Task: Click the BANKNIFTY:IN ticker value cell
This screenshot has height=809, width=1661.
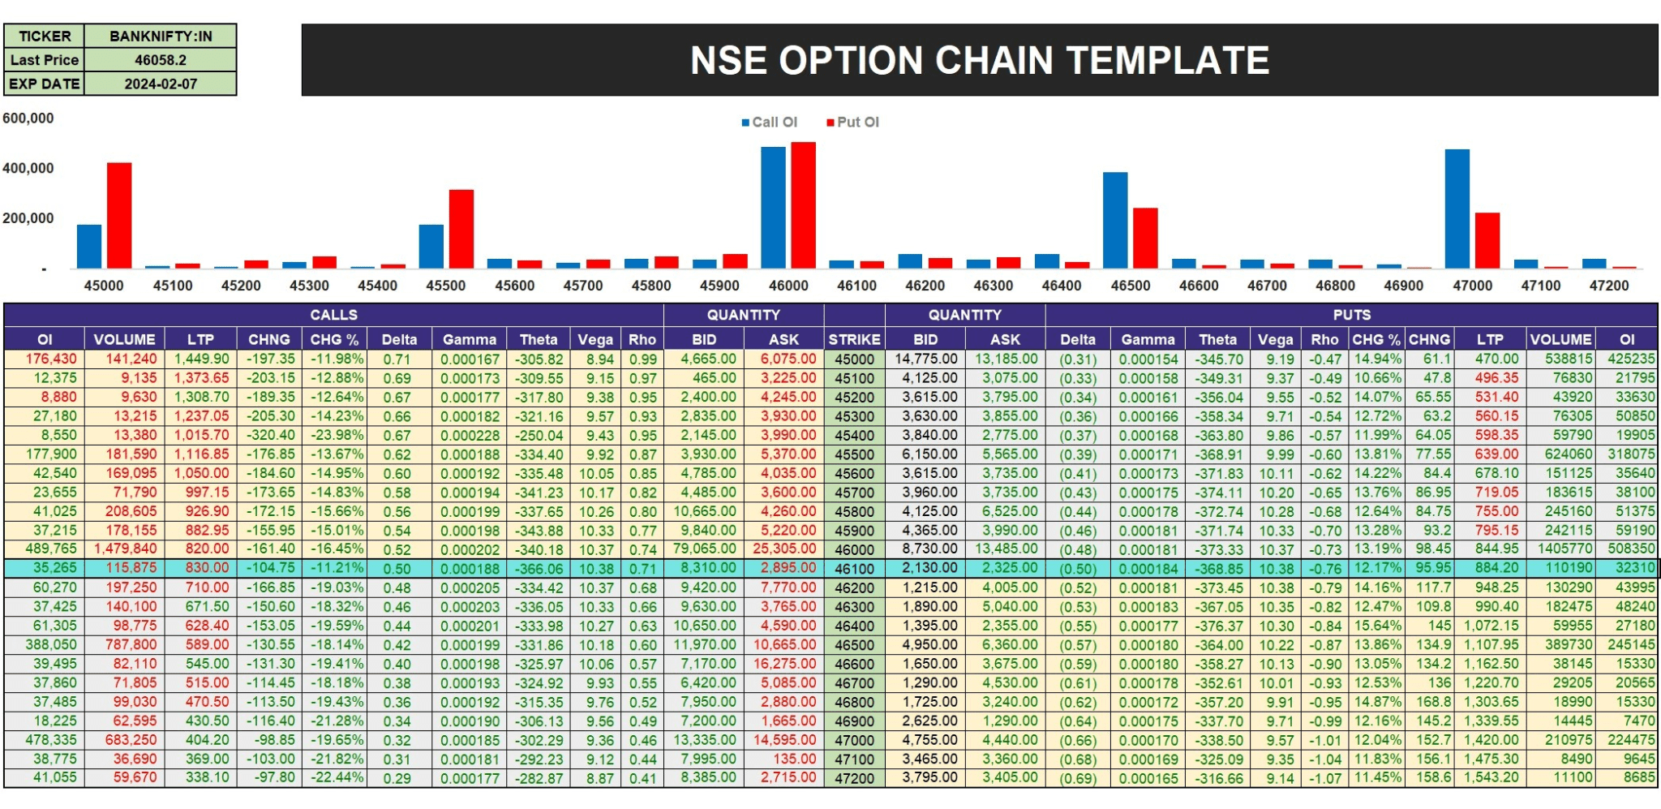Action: [x=161, y=37]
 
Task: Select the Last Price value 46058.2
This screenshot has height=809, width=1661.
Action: [x=161, y=60]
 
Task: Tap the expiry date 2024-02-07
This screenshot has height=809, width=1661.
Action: [x=161, y=84]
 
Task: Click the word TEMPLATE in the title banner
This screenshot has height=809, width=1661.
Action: [x=1167, y=61]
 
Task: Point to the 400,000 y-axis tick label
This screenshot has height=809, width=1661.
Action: [x=28, y=169]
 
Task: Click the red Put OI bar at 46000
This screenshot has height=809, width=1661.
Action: [x=803, y=205]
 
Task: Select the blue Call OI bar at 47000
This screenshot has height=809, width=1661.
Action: [x=1457, y=209]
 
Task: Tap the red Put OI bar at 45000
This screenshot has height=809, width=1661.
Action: [x=119, y=215]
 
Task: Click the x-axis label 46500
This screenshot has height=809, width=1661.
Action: [x=1131, y=286]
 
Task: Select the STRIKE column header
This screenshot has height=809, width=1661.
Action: [x=854, y=340]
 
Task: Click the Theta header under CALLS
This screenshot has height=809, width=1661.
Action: [x=539, y=340]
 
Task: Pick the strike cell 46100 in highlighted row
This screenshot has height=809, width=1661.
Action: [x=854, y=569]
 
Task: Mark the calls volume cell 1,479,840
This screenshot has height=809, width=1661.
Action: [x=125, y=549]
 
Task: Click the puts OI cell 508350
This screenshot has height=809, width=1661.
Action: [x=1630, y=549]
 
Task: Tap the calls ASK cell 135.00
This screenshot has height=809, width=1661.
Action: [x=793, y=760]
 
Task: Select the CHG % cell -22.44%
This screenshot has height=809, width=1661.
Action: [x=336, y=778]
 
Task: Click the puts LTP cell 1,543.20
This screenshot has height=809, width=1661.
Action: [x=1491, y=778]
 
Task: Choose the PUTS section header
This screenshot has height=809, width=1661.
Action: [x=1351, y=315]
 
